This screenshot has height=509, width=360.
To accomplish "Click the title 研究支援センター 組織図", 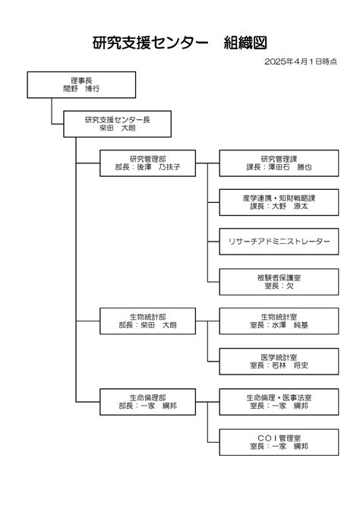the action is click(x=179, y=43).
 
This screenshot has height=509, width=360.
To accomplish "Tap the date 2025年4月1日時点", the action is click(x=301, y=62).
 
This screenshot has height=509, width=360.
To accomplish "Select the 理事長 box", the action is click(x=81, y=85).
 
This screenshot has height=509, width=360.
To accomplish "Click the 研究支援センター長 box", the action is click(x=117, y=124).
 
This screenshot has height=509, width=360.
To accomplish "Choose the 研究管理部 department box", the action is click(x=147, y=163).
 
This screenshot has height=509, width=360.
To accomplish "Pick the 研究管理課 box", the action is click(x=279, y=163).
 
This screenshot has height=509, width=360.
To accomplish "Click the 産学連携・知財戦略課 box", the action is click(x=279, y=202).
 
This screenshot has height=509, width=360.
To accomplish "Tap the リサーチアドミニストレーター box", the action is click(x=279, y=242).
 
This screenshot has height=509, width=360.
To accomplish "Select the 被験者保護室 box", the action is click(x=279, y=282).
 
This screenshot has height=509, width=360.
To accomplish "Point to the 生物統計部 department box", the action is click(x=147, y=321).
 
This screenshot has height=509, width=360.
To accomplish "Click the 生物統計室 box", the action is click(x=279, y=321).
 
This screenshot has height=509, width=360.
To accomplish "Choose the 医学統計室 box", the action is click(x=279, y=362).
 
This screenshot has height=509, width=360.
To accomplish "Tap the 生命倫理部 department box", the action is click(x=147, y=402).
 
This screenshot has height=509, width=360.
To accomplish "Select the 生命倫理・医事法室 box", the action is click(x=279, y=402).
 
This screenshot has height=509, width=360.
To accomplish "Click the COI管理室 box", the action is click(x=279, y=442).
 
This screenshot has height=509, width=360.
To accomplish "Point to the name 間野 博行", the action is click(x=81, y=89).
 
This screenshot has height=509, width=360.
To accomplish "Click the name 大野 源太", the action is click(x=290, y=206).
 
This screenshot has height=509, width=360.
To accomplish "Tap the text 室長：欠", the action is click(x=279, y=286).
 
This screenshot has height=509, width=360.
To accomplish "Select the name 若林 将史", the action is click(x=290, y=365).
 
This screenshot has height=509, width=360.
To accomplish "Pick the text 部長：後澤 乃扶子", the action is click(x=147, y=167).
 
